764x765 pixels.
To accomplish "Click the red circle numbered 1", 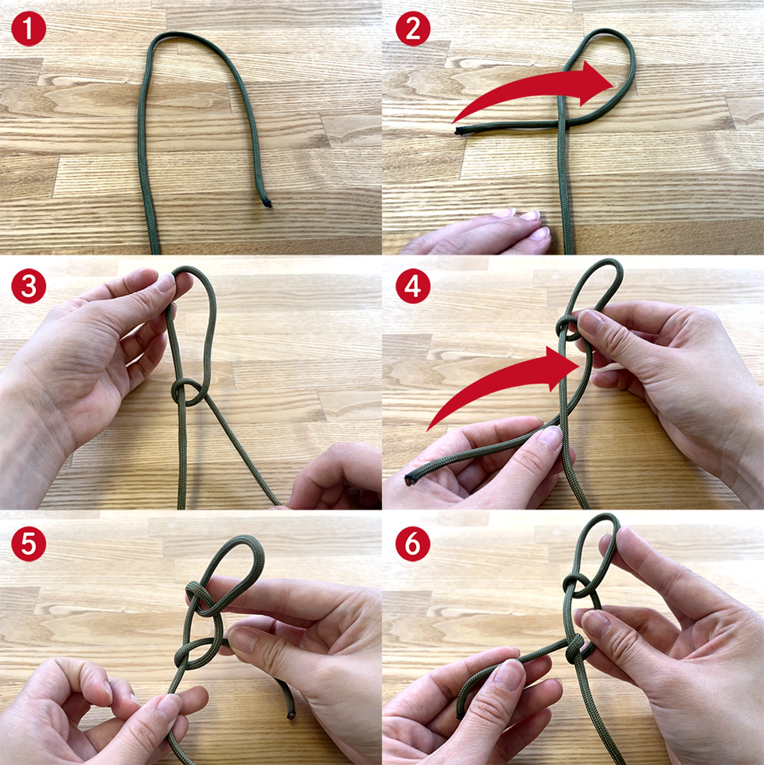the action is [x=28, y=28].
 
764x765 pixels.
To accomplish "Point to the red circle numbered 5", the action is [x=28, y=543].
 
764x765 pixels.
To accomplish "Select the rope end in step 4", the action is [x=409, y=480].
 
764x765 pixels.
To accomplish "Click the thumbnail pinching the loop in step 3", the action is [x=164, y=282].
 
